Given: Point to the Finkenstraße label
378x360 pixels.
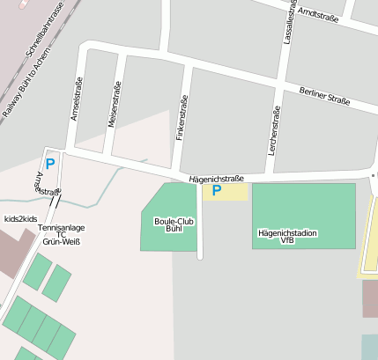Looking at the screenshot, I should pos(182,118).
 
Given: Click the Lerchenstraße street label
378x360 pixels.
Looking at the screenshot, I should pos(274,129).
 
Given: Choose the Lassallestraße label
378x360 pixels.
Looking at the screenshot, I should pos(289,21).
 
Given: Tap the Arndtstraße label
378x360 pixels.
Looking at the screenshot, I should pos(319,15).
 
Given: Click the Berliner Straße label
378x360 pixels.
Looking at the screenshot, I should pos(324,96).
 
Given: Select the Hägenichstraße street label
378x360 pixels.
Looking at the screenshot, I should pos(216,179).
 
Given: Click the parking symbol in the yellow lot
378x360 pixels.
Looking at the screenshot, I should pos(216,190).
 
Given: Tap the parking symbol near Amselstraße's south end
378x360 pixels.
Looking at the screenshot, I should pos(50,163).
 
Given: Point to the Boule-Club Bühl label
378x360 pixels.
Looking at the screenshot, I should pos(174,225).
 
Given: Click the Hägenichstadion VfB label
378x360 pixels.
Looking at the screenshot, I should pos(288,236).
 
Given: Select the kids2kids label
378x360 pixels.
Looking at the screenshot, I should pos(20,218).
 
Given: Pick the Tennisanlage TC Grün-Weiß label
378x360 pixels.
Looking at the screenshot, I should pos(62,234).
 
